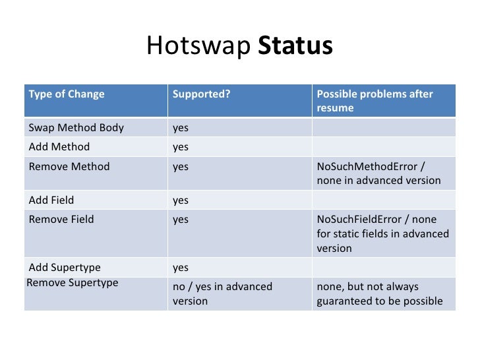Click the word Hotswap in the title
[198, 46]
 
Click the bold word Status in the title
[295, 46]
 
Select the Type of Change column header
[67, 94]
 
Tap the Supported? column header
[201, 94]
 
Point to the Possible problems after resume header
[375, 100]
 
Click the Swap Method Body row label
[76, 127]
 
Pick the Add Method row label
[59, 146]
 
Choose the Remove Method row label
[69, 166]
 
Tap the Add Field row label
[51, 200]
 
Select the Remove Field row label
[61, 219]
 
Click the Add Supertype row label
[65, 267]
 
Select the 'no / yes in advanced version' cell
[222, 293]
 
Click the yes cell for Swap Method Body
[181, 127]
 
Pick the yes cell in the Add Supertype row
[181, 267]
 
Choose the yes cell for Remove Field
[181, 219]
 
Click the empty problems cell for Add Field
[383, 200]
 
